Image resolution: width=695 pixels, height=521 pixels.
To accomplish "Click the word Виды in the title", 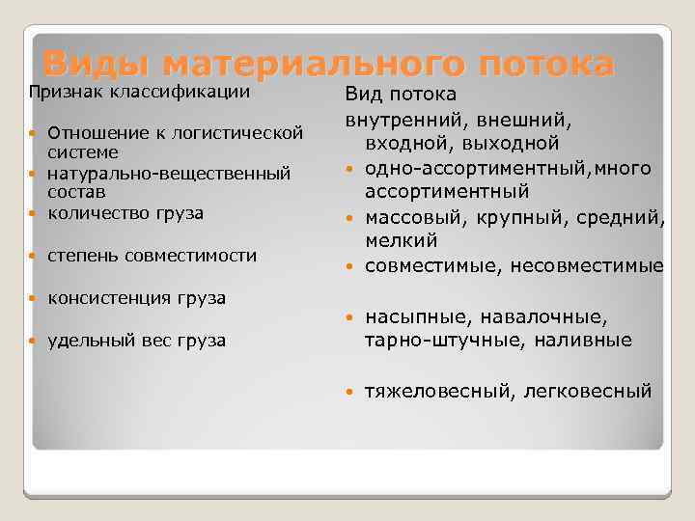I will point(95,65).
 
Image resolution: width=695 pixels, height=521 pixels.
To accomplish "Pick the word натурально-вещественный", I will point(169,174).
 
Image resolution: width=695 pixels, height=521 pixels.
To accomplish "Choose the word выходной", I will point(513,144).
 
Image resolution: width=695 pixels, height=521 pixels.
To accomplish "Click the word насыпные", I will point(412,316).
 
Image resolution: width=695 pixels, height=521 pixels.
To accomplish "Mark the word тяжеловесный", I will point(431,391).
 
